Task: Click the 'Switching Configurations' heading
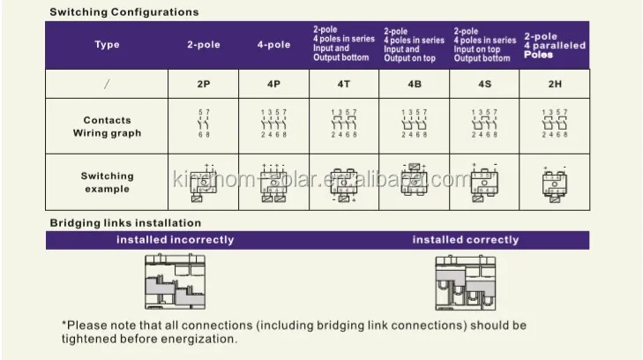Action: [x=123, y=12]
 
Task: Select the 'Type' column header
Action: [x=107, y=45]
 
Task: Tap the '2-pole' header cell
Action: [x=203, y=45]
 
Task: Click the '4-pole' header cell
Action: [x=273, y=45]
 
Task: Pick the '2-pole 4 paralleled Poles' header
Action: [x=554, y=45]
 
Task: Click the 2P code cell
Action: [x=203, y=85]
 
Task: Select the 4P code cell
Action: [x=273, y=85]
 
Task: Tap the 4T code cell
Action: [x=344, y=85]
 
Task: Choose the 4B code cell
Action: [x=414, y=85]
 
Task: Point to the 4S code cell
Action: [x=484, y=85]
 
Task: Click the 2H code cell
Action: [x=554, y=85]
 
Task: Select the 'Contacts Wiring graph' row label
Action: [x=107, y=126]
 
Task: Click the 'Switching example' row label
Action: [x=107, y=182]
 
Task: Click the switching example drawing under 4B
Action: [x=414, y=181]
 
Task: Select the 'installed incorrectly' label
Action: [x=176, y=239]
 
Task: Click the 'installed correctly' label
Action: [x=466, y=239]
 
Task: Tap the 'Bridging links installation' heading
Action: [x=125, y=222]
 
